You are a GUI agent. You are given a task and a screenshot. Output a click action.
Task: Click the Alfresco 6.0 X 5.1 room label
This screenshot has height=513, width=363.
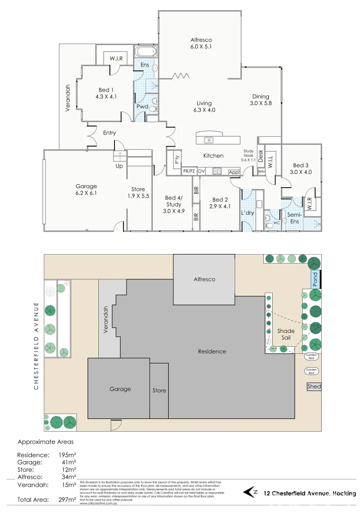click(201, 43)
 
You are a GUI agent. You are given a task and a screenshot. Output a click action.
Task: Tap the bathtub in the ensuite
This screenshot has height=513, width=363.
click(146, 52)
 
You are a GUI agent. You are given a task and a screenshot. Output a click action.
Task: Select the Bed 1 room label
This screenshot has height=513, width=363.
click(106, 93)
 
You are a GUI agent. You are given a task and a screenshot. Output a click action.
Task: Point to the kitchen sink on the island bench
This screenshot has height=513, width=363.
click(208, 140)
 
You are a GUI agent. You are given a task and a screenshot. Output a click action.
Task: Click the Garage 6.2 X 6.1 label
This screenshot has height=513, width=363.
click(86, 190)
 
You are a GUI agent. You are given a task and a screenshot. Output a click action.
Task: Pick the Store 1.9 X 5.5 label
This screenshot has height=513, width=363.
click(138, 193)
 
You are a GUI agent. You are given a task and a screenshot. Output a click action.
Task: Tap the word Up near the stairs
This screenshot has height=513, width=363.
click(119, 166)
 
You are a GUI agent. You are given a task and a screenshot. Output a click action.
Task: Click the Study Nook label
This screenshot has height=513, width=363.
click(249, 155)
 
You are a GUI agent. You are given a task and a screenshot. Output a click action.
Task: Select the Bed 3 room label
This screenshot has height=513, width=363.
click(300, 169)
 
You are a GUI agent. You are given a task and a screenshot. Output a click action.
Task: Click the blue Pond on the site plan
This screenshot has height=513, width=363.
click(315, 279)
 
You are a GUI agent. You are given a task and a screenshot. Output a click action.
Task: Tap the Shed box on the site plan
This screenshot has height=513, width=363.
click(314, 387)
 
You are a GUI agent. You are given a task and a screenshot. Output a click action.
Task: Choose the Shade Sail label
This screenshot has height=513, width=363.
click(286, 334)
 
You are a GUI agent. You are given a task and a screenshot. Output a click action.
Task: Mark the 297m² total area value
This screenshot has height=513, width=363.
click(67, 500)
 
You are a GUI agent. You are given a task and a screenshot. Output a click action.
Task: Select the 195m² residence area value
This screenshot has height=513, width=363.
click(67, 455)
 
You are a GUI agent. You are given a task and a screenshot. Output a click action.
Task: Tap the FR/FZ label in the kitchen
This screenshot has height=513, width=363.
click(189, 171)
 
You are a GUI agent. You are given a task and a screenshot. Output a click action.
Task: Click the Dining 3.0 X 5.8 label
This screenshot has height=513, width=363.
click(261, 100)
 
